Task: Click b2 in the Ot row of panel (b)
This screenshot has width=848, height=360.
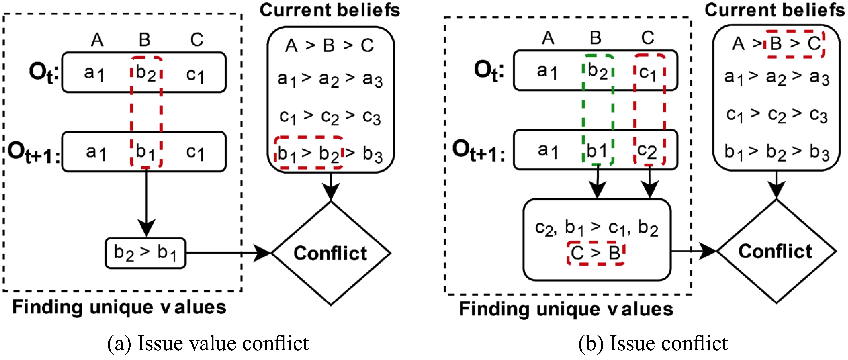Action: [x=598, y=71]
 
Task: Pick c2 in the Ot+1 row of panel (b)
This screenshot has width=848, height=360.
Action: [x=649, y=151]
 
